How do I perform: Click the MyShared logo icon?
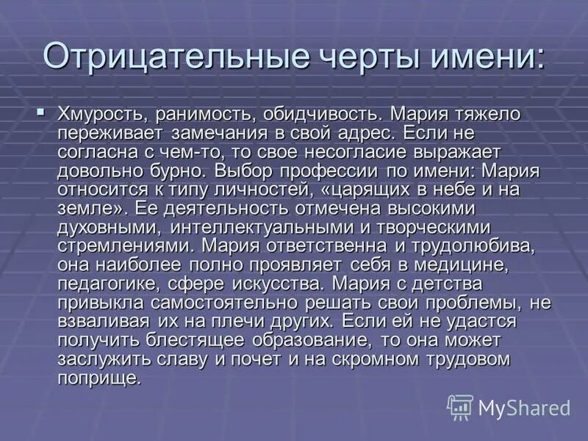[x=460, y=406]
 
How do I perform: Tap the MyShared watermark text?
[x=524, y=407]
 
